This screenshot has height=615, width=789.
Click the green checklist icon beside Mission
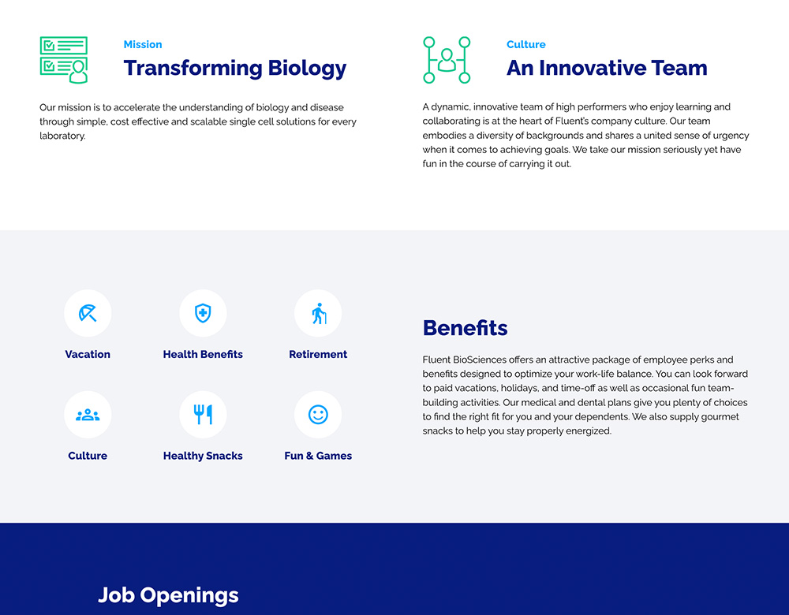pyautogui.click(x=64, y=60)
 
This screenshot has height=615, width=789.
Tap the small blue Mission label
pyautogui.click(x=143, y=44)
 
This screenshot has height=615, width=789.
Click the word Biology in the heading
pyautogui.click(x=307, y=69)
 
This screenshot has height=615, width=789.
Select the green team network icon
pyautogui.click(x=447, y=60)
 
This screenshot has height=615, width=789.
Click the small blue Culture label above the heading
pyautogui.click(x=525, y=44)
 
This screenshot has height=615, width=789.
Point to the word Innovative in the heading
pyautogui.click(x=592, y=68)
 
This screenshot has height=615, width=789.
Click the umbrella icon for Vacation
pyautogui.click(x=88, y=313)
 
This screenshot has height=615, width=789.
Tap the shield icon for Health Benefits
pyautogui.click(x=203, y=313)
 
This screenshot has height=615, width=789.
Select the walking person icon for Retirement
pyautogui.click(x=319, y=313)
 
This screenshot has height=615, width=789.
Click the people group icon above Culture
pyautogui.click(x=88, y=415)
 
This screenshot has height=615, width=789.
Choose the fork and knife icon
pyautogui.click(x=203, y=415)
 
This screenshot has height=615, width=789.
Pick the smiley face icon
pyautogui.click(x=318, y=415)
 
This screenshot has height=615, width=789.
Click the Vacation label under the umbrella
pyautogui.click(x=88, y=354)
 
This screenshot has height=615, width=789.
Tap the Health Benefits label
pyautogui.click(x=203, y=354)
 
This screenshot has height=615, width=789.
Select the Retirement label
pyautogui.click(x=318, y=354)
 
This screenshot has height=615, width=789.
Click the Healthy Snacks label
pyautogui.click(x=203, y=456)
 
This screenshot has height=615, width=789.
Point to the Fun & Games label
pyautogui.click(x=318, y=456)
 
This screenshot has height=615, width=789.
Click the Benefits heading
pyautogui.click(x=465, y=328)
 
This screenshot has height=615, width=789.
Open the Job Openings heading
pyautogui.click(x=168, y=595)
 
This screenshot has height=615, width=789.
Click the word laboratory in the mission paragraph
pyautogui.click(x=62, y=136)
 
